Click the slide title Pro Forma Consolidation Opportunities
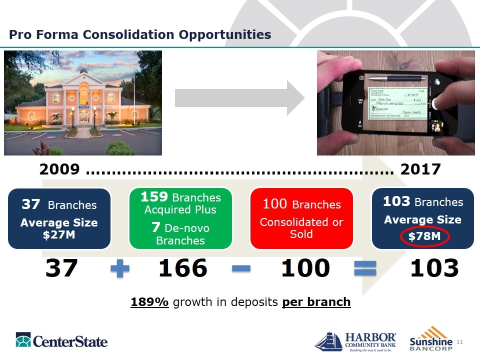pyautogui.click(x=140, y=34)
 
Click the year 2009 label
pyautogui.click(x=59, y=169)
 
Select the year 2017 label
pyautogui.click(x=420, y=169)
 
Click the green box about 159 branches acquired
pyautogui.click(x=180, y=218)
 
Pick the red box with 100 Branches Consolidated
pyautogui.click(x=301, y=218)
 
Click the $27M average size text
pyautogui.click(x=59, y=234)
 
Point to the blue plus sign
pyautogui.click(x=119, y=269)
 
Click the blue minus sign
pyautogui.click(x=241, y=269)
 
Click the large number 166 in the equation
pyautogui.click(x=182, y=268)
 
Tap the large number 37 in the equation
pyautogui.click(x=61, y=268)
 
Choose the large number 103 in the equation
pyautogui.click(x=434, y=268)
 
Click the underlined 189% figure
pyautogui.click(x=149, y=302)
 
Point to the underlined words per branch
pyautogui.click(x=316, y=302)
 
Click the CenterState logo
pyautogui.click(x=61, y=340)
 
